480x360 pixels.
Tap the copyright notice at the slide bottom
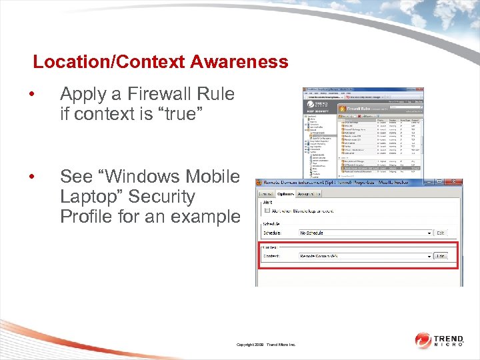pyautogui.click(x=270, y=344)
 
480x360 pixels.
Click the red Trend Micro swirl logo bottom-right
pyautogui.click(x=423, y=341)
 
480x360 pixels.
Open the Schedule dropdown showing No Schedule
pyautogui.click(x=366, y=233)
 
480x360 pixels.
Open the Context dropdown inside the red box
pyautogui.click(x=366, y=256)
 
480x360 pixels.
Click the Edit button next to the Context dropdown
pyautogui.click(x=441, y=256)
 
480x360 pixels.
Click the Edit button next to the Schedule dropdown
pyautogui.click(x=441, y=233)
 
